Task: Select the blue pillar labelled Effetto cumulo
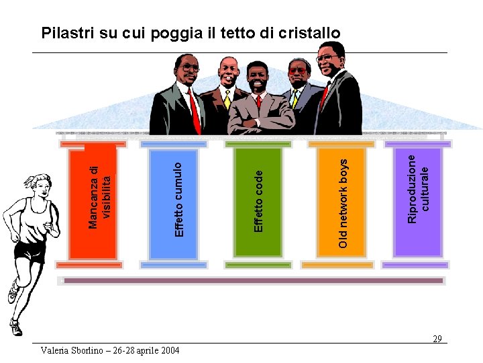[x=174, y=202]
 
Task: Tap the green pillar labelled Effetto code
[x=254, y=202]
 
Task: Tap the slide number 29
[x=437, y=339]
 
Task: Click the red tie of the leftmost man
[x=195, y=111]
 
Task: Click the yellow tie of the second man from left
[x=227, y=100]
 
